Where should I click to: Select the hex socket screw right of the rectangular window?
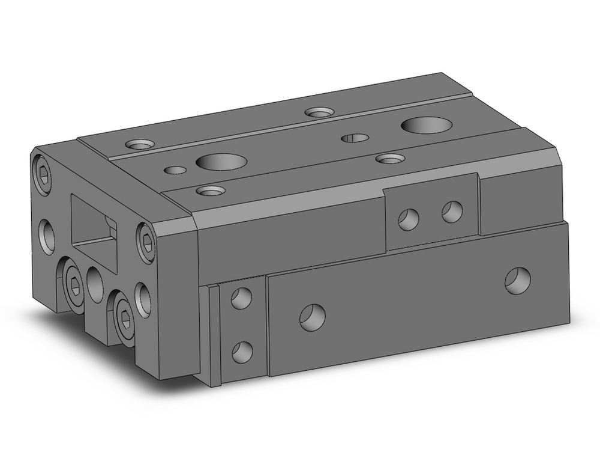click(146, 242)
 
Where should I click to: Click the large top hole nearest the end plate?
click(221, 162)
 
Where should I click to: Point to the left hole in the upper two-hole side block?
click(408, 219)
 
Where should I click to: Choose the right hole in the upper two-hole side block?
click(452, 211)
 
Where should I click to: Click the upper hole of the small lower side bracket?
click(241, 298)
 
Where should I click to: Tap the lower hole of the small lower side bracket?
click(242, 352)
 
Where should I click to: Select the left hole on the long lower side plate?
click(312, 316)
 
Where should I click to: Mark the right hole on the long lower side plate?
click(517, 279)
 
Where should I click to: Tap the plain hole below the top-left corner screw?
click(47, 236)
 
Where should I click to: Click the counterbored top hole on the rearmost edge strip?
click(319, 112)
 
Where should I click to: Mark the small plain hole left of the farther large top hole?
click(355, 138)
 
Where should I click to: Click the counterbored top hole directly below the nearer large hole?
click(211, 191)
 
